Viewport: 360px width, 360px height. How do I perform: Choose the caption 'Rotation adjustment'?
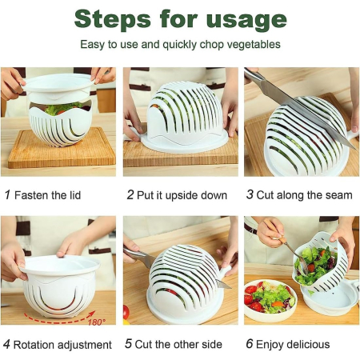click(63, 345)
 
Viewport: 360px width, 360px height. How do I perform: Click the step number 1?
click(7, 194)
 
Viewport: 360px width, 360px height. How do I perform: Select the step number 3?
click(250, 194)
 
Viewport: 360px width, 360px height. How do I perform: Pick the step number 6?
click(250, 345)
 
